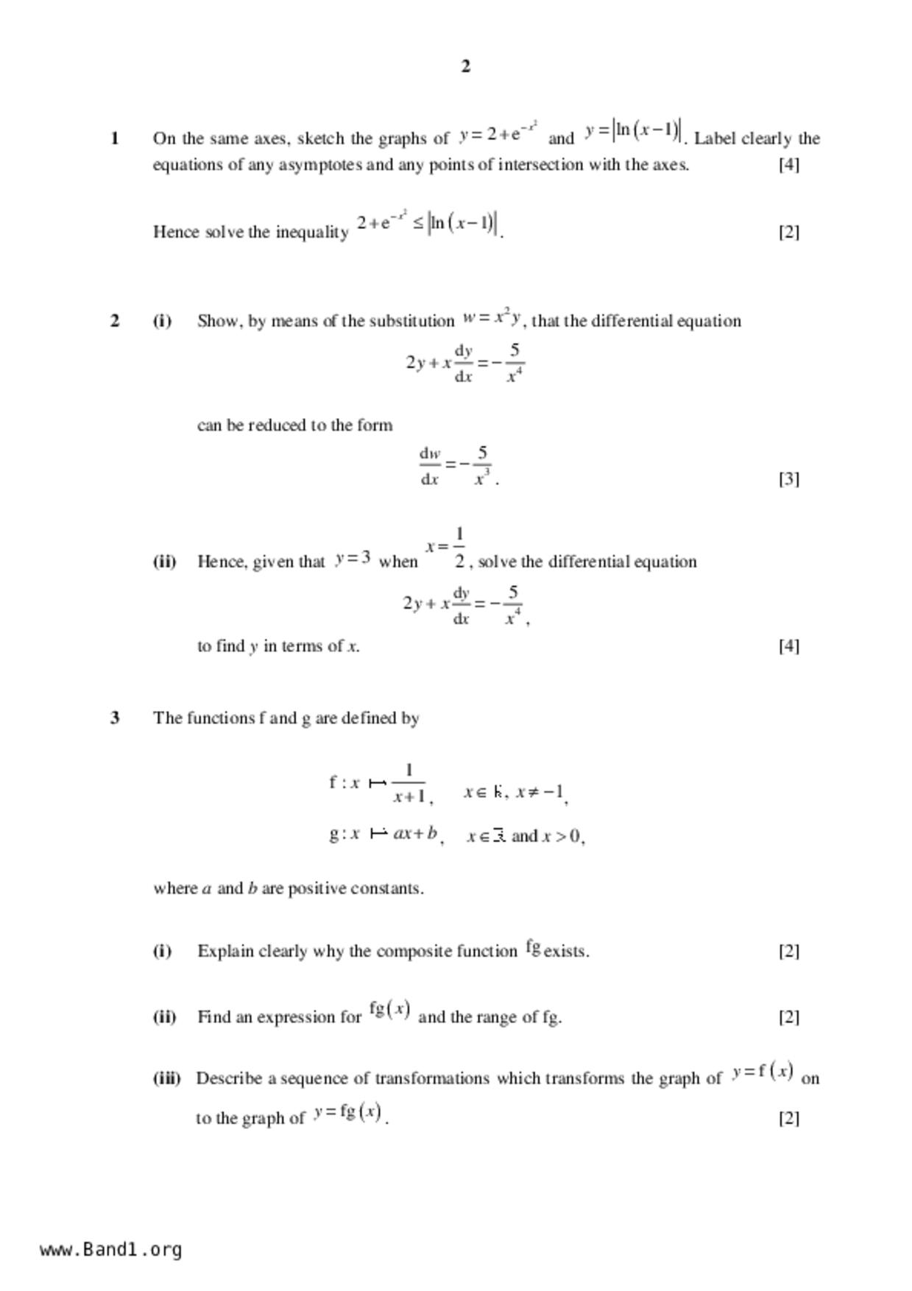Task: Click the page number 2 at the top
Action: click(x=465, y=66)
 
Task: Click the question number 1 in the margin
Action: click(x=114, y=138)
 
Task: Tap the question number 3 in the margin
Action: click(x=114, y=718)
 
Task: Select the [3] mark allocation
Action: click(x=788, y=479)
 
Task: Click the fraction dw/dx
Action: click(x=430, y=466)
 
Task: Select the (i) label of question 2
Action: click(x=162, y=321)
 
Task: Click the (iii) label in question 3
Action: click(x=166, y=1078)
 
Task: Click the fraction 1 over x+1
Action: click(x=409, y=784)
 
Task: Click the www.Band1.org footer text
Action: click(x=111, y=1250)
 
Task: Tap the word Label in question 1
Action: click(x=715, y=138)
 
